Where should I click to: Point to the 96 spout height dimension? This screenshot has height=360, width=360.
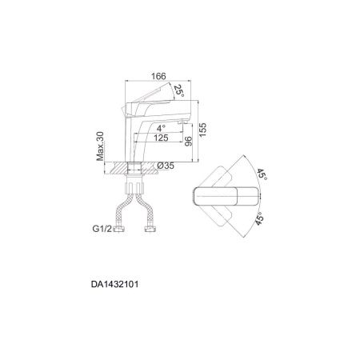click(x=188, y=141)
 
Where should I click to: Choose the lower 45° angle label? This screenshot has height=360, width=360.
click(x=262, y=218)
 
